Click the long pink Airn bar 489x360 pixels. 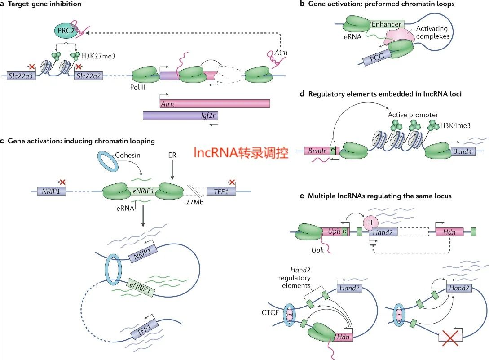(x=214, y=103)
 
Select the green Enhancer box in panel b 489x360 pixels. (x=387, y=22)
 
